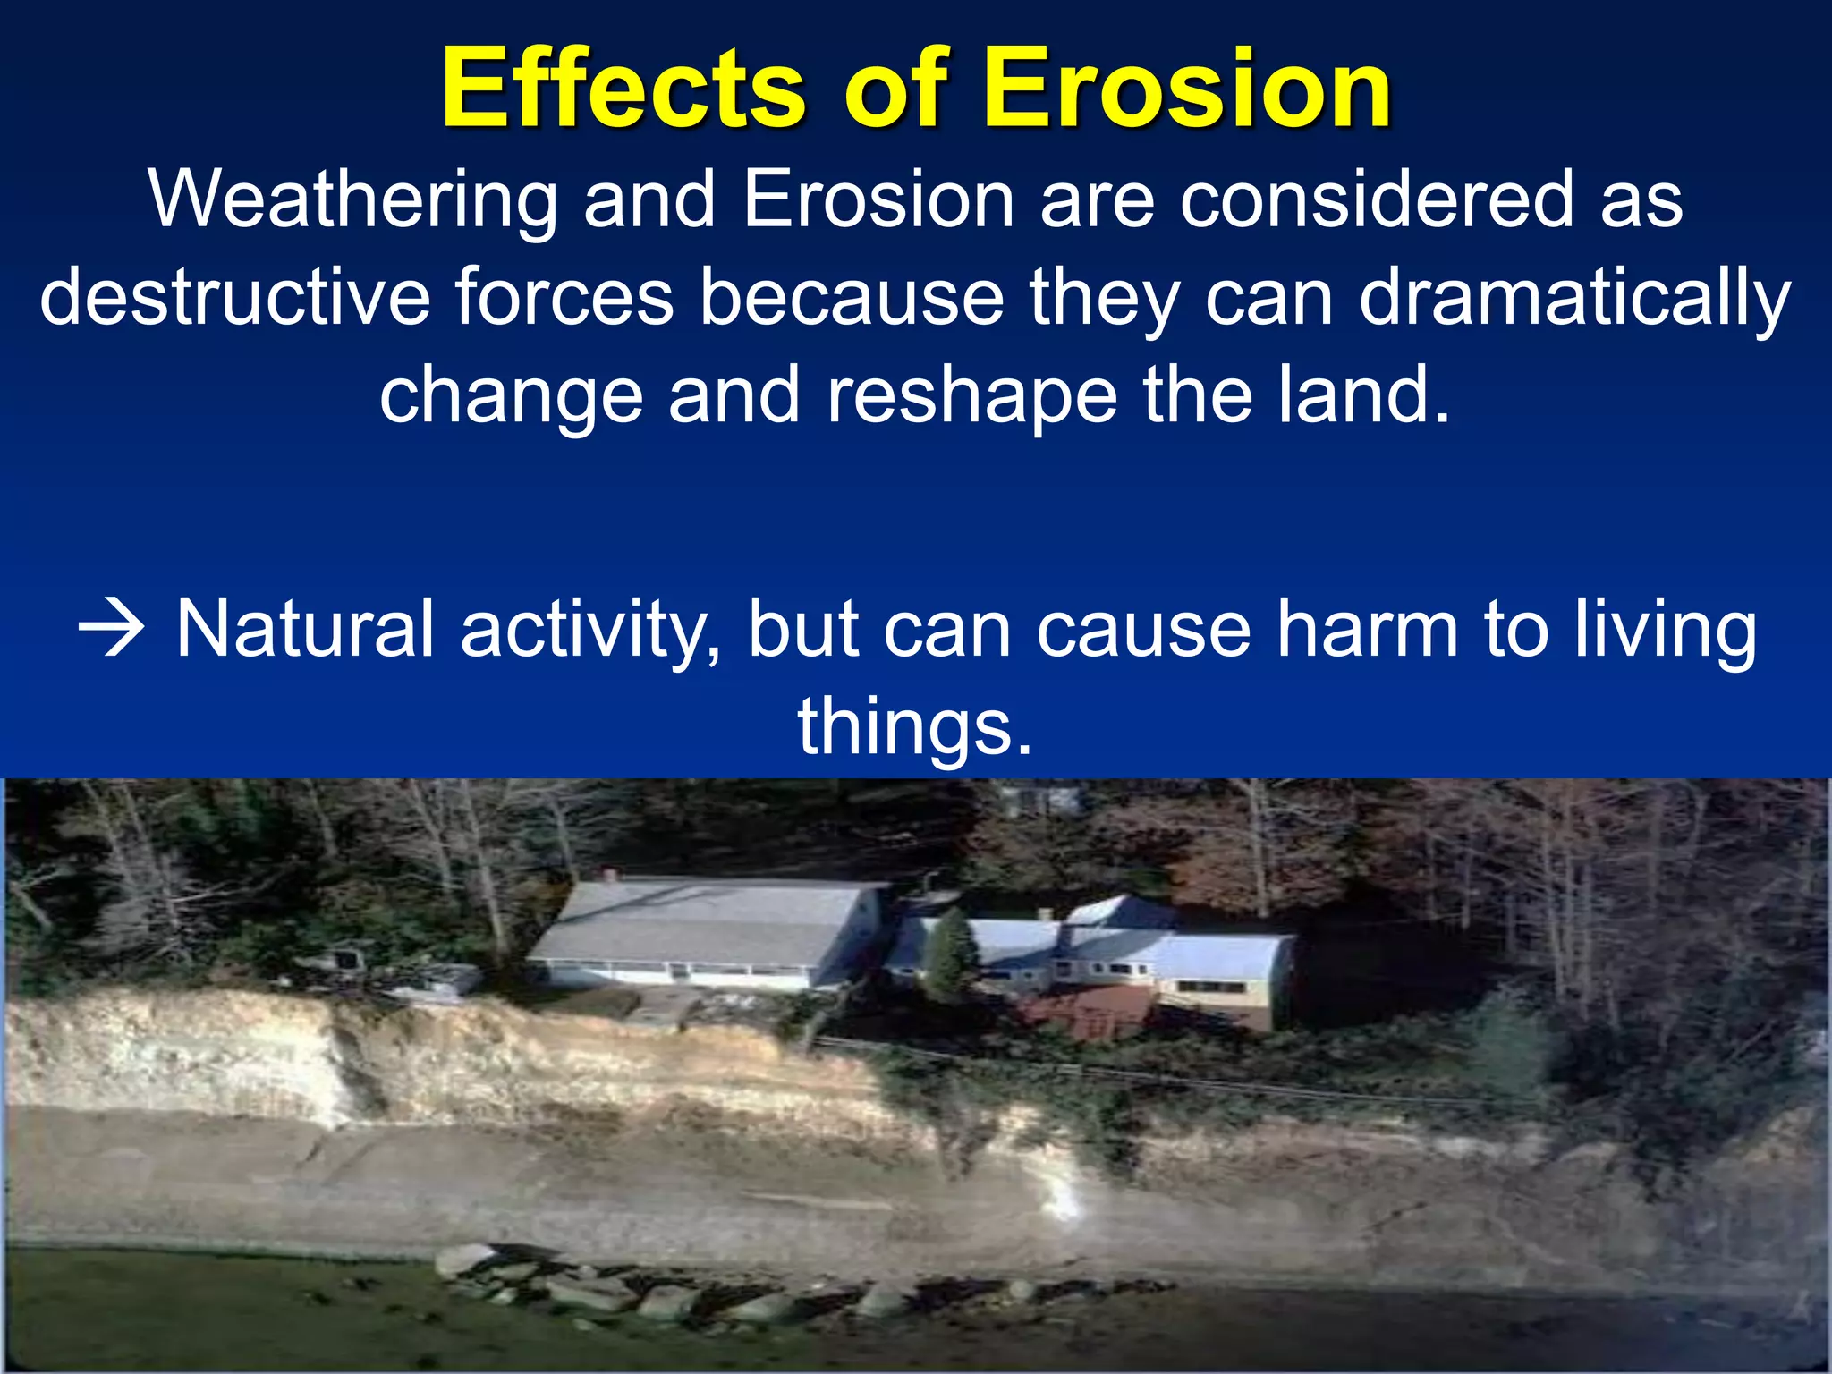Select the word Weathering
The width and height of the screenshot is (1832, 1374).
(352, 201)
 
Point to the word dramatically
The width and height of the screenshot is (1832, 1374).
(1574, 300)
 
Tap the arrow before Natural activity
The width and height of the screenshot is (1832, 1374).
(111, 630)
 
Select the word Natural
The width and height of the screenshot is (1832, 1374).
(305, 630)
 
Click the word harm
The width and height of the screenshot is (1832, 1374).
(1368, 630)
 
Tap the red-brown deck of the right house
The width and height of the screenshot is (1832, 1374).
(1087, 1011)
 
